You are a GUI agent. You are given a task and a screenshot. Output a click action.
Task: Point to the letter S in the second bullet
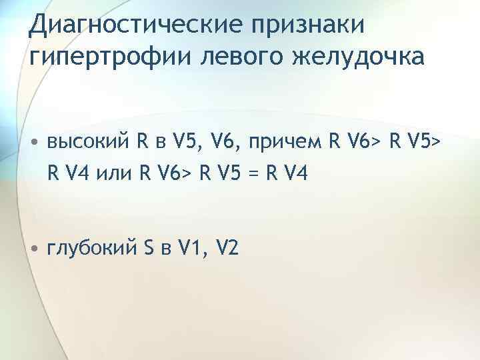(149, 249)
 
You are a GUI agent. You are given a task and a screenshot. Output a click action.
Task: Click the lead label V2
(227, 249)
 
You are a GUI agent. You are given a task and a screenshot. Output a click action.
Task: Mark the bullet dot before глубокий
(33, 249)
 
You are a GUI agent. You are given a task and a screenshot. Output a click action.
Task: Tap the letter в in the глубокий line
(165, 250)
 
